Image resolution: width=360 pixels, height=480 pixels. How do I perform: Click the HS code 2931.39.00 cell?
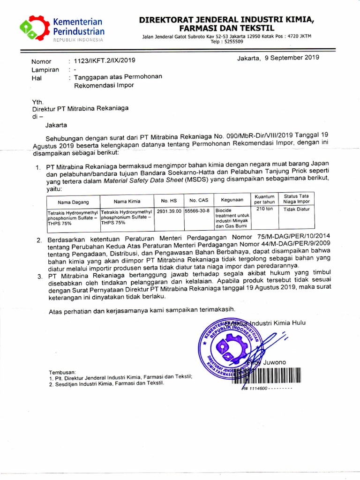(169, 211)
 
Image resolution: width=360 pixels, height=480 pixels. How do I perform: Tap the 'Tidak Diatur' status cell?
(297, 209)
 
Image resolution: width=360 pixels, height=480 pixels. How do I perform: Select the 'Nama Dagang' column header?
(73, 202)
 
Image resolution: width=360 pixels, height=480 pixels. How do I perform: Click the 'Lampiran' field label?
(45, 70)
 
